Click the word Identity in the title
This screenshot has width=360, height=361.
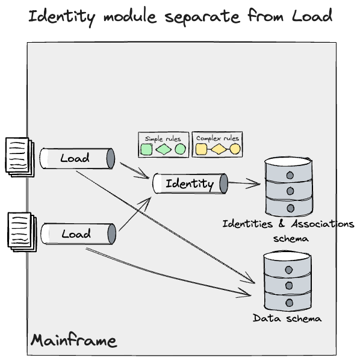pyautogui.click(x=62, y=17)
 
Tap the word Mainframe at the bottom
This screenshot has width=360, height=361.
pyautogui.click(x=73, y=341)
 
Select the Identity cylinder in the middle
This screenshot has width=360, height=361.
pyautogui.click(x=190, y=184)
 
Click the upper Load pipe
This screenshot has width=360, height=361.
pyautogui.click(x=77, y=158)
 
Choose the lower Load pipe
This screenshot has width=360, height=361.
pyautogui.click(x=78, y=233)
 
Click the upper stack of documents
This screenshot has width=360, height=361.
pyautogui.click(x=20, y=158)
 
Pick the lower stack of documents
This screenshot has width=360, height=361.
pyautogui.click(x=22, y=232)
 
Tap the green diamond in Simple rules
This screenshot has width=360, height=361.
pyautogui.click(x=164, y=149)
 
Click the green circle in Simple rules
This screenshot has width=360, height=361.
pyautogui.click(x=180, y=149)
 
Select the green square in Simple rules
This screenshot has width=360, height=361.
pyautogui.click(x=146, y=149)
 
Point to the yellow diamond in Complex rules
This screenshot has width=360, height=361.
pyautogui.click(x=219, y=149)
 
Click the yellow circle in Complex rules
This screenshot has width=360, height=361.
pyautogui.click(x=235, y=149)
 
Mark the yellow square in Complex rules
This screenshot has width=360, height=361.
pyautogui.click(x=201, y=149)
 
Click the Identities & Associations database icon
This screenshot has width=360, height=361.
pyautogui.click(x=289, y=187)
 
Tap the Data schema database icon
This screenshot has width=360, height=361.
pyautogui.click(x=287, y=282)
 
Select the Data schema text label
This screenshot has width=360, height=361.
pyautogui.click(x=287, y=318)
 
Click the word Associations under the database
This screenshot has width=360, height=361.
pyautogui.click(x=323, y=224)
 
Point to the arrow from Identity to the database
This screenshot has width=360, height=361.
pyautogui.click(x=244, y=184)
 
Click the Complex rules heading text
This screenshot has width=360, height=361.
pyautogui.click(x=217, y=138)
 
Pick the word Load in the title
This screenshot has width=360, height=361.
pyautogui.click(x=312, y=16)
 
